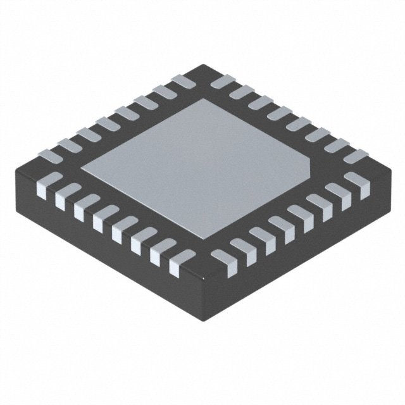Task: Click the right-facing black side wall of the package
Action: click(297, 253)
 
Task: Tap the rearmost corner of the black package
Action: click(202, 65)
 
